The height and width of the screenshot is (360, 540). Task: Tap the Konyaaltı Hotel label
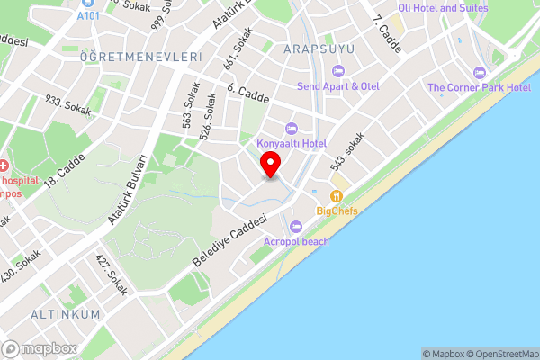(291, 143)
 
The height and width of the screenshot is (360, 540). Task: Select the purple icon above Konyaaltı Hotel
(291, 128)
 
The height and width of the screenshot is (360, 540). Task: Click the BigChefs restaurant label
(337, 211)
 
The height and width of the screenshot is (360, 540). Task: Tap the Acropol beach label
(296, 241)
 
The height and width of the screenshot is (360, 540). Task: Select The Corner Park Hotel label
(479, 87)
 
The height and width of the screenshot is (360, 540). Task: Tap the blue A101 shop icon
(88, 4)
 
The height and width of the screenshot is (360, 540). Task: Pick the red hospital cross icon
(4, 167)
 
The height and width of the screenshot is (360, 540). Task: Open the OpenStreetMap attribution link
(500, 354)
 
